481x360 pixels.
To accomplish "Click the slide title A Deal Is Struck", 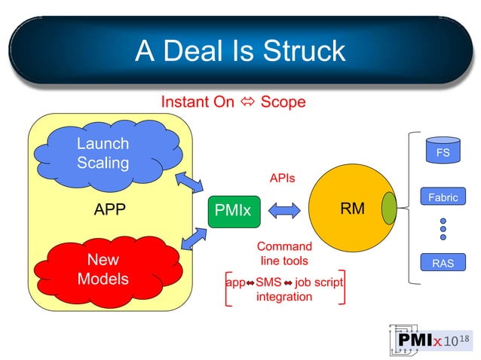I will (x=240, y=50).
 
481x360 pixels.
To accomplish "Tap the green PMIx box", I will (x=232, y=210).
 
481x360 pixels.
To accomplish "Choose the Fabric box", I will (x=443, y=198).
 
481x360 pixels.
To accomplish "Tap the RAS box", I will (x=443, y=264).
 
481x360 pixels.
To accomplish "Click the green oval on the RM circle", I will (x=389, y=209).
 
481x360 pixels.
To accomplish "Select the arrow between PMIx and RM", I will (x=283, y=210).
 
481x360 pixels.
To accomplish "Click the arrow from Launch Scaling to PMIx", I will (x=189, y=182).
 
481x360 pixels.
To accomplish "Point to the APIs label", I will (x=282, y=178).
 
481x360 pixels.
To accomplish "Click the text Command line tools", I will (x=284, y=253).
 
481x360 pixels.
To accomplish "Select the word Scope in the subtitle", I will (x=283, y=102).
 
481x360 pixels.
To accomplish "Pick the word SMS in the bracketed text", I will (x=268, y=282).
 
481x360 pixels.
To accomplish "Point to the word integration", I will (x=284, y=297).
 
